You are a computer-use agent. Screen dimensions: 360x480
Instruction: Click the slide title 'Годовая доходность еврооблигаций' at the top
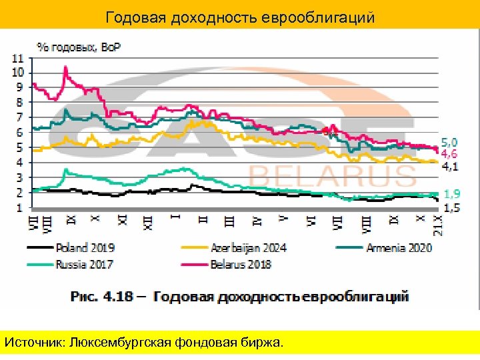(x=240, y=17)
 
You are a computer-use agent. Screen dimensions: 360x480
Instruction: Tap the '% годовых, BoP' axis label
(x=83, y=47)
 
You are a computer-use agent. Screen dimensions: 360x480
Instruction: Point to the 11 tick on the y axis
(x=18, y=57)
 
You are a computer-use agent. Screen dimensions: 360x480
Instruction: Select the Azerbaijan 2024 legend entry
(x=249, y=247)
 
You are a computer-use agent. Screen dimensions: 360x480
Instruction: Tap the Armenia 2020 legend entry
(x=398, y=247)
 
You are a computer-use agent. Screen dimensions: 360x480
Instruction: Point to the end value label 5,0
(x=451, y=142)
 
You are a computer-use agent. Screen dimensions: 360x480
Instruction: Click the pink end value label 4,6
(x=451, y=153)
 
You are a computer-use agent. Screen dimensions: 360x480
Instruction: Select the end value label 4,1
(x=451, y=166)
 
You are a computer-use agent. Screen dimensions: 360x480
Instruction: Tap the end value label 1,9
(x=451, y=194)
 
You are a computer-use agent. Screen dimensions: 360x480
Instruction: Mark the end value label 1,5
(x=451, y=208)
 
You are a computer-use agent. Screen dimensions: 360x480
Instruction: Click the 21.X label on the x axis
(x=438, y=225)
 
